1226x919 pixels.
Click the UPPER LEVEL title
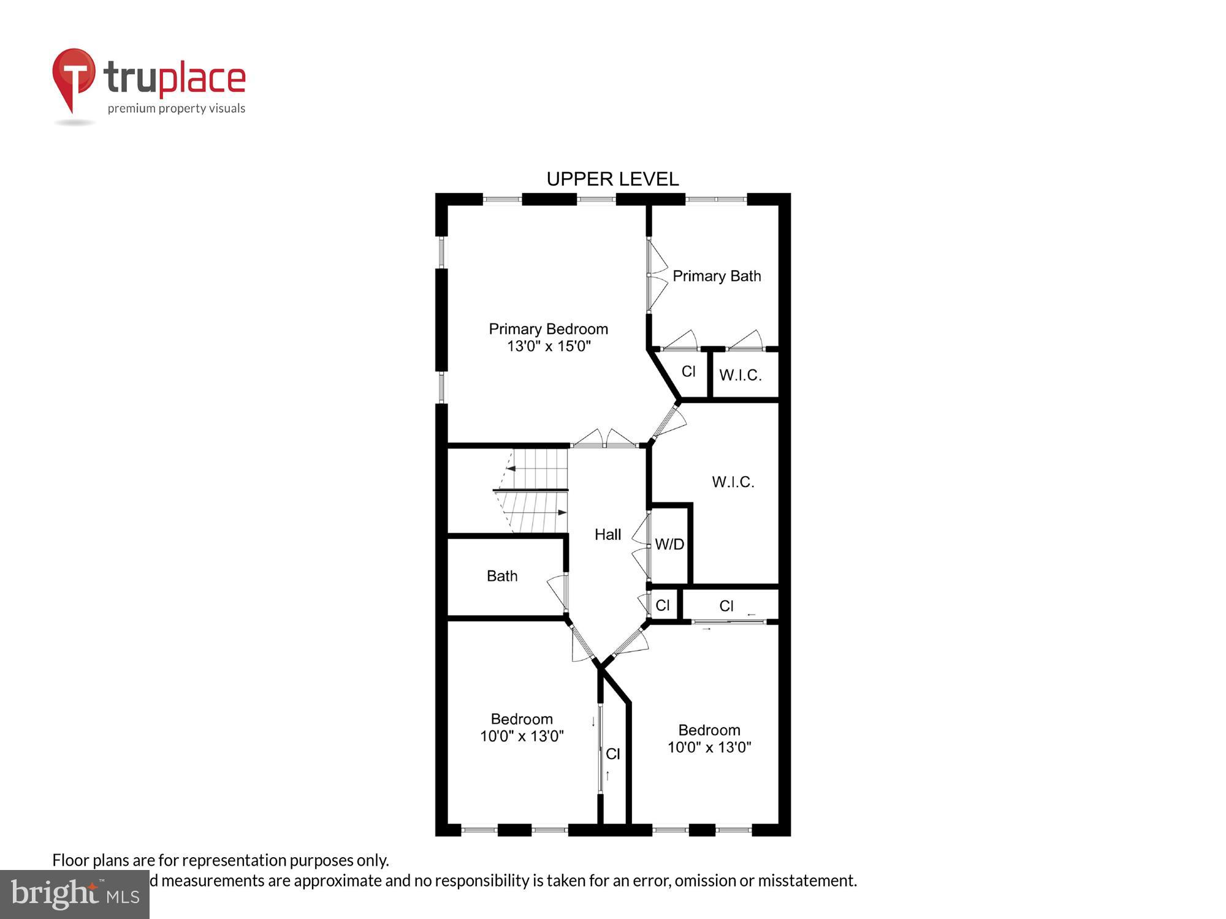pos(612,179)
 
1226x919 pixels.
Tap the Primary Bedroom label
pos(548,329)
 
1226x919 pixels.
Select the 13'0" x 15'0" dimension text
pos(548,346)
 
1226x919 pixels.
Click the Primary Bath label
pos(717,276)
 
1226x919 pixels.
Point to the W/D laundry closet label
pos(669,544)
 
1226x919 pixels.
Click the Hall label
pos(607,535)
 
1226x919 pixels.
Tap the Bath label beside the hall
pos(501,576)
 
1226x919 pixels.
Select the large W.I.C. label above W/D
pos(733,482)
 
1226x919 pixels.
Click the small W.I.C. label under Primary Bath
pos(740,375)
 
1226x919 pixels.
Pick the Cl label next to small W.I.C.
pos(688,371)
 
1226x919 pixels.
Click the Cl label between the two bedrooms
pos(613,754)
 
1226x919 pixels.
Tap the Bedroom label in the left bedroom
pos(522,719)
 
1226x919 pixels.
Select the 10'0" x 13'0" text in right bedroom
pos(709,747)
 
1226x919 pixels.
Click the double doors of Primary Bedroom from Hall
pos(604,439)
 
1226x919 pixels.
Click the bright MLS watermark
pos(74,894)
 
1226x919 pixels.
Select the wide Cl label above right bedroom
pos(726,606)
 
